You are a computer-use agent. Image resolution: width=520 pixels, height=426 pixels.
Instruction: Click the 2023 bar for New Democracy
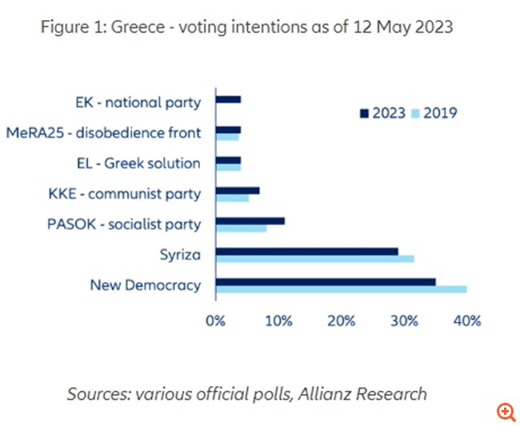(x=326, y=281)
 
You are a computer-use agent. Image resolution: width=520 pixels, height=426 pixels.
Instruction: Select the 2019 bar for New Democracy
(x=341, y=289)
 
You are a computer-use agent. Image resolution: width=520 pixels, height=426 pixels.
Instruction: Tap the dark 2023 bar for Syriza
(x=306, y=251)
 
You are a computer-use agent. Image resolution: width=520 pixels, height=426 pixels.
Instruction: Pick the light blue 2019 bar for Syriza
(x=314, y=259)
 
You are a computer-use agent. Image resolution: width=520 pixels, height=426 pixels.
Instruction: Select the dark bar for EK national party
(x=229, y=99)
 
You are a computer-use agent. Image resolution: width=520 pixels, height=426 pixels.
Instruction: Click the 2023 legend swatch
(x=364, y=113)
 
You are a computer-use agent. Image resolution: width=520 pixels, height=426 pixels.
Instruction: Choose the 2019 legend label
(x=440, y=113)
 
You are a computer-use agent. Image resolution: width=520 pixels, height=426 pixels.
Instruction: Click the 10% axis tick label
(x=278, y=321)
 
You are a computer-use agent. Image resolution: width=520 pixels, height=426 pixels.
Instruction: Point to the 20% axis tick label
(x=341, y=321)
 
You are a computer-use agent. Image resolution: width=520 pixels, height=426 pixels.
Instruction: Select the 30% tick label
(x=404, y=321)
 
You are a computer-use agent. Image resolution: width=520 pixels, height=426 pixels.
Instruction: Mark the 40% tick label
(x=466, y=321)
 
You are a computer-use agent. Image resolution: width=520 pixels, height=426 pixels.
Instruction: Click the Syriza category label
(x=180, y=255)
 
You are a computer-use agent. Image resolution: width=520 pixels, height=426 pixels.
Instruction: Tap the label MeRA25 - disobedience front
(x=103, y=133)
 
